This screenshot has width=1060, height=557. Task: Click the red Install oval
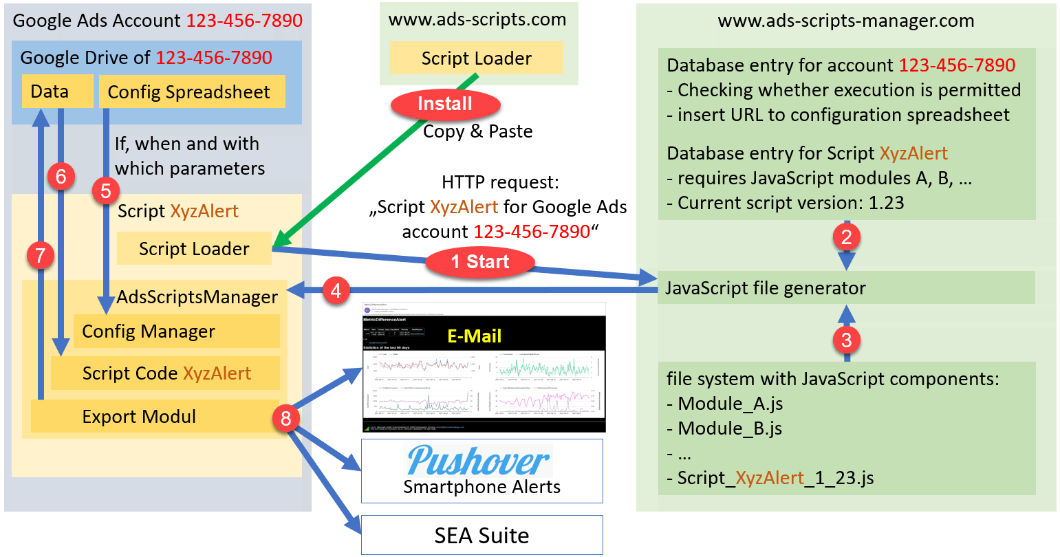[445, 105]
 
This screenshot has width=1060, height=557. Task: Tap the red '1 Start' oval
[480, 262]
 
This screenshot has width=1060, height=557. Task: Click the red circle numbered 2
[847, 237]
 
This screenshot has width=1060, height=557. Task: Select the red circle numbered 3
[847, 339]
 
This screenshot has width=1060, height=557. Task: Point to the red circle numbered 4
[336, 291]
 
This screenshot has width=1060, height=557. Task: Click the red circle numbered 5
[105, 190]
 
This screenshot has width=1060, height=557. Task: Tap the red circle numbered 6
[61, 177]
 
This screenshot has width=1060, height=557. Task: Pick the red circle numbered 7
[40, 256]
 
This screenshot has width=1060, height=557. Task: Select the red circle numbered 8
[286, 417]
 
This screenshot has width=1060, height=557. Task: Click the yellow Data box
[57, 92]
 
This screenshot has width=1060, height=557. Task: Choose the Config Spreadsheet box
[192, 92]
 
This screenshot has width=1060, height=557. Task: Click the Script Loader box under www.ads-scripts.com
[476, 58]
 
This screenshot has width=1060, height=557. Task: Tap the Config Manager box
[176, 331]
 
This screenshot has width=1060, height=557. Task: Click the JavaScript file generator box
[846, 287]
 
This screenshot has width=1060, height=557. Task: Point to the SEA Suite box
[482, 535]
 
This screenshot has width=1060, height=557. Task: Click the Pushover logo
[479, 460]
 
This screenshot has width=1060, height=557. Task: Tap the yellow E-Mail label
[474, 336]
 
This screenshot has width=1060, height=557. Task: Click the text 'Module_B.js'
[731, 428]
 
